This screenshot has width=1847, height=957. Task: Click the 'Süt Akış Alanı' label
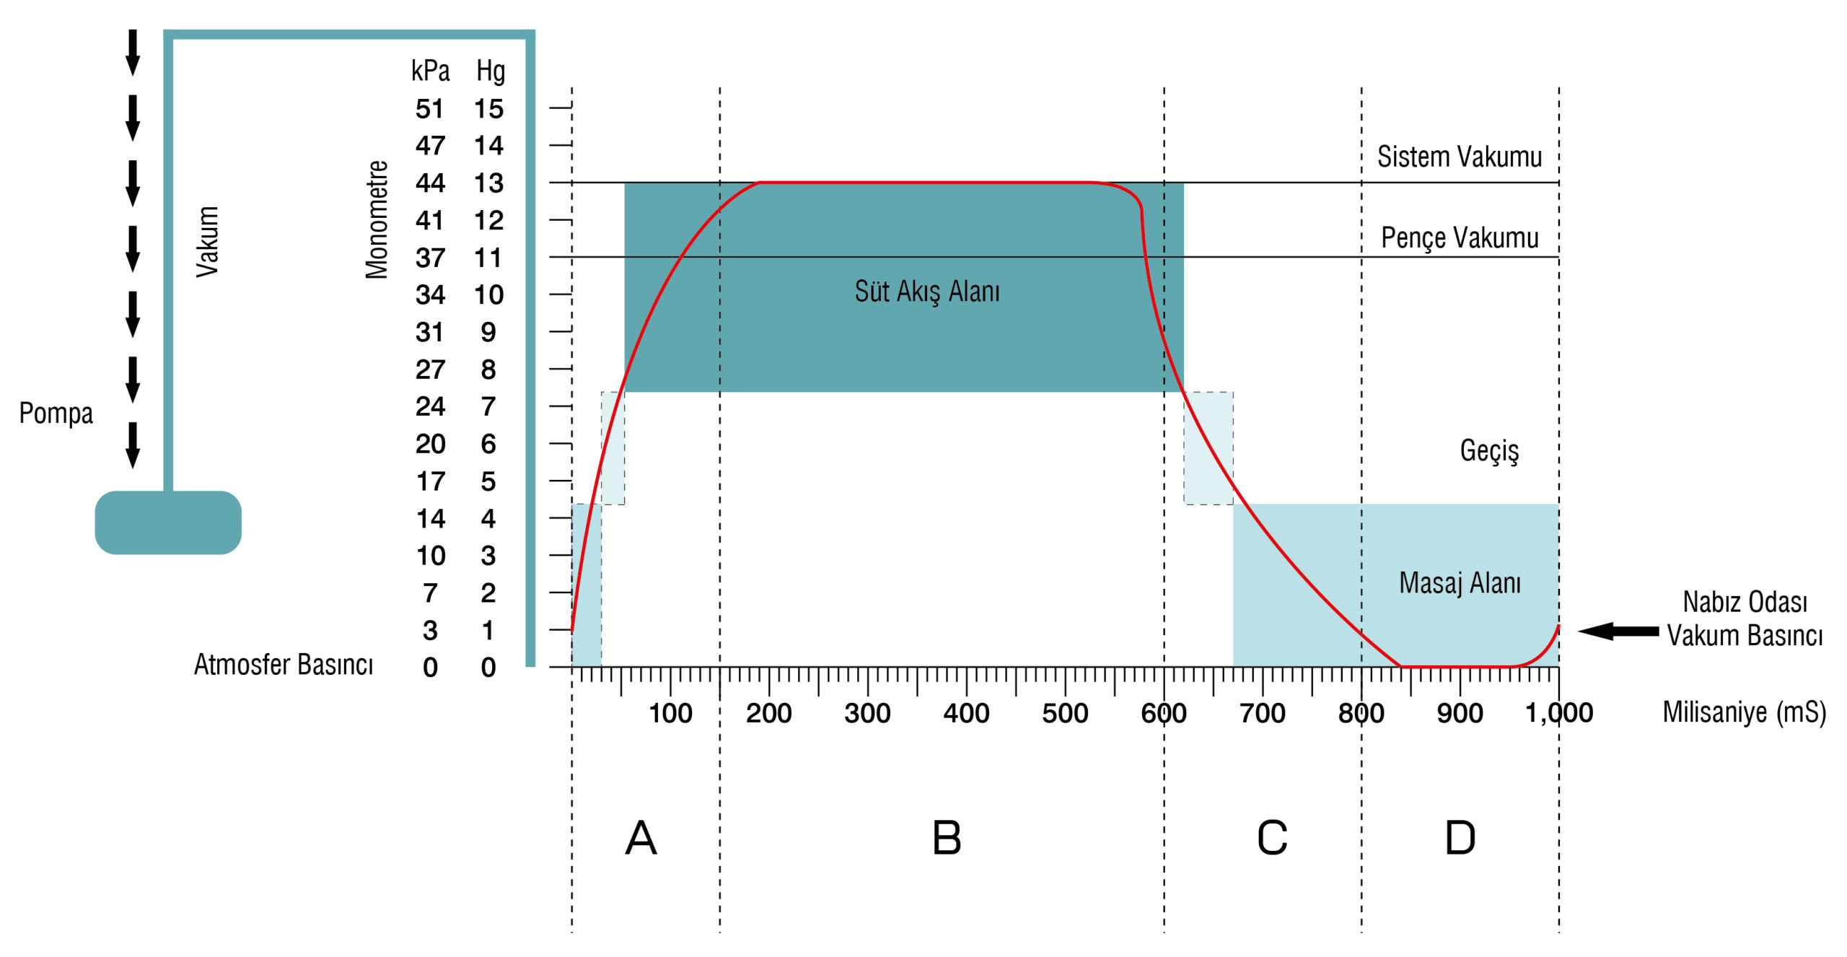pyautogui.click(x=927, y=292)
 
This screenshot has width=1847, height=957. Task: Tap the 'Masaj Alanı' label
pyautogui.click(x=1460, y=583)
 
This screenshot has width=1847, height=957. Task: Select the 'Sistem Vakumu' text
pyautogui.click(x=1459, y=157)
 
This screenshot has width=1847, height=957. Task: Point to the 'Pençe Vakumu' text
pyautogui.click(x=1459, y=237)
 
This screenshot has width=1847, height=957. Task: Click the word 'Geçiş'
pyautogui.click(x=1489, y=451)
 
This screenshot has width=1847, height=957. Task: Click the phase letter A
pyautogui.click(x=641, y=839)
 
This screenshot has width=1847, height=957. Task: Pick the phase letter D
pyautogui.click(x=1460, y=839)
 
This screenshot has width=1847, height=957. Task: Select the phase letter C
pyautogui.click(x=1271, y=839)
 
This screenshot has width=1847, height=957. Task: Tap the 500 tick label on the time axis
pyautogui.click(x=1064, y=714)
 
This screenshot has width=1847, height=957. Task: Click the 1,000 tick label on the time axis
pyautogui.click(x=1558, y=714)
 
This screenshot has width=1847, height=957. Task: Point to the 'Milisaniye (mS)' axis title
pyautogui.click(x=1744, y=713)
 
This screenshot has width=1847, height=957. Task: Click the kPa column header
pyautogui.click(x=430, y=71)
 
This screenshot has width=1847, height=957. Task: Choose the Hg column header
pyautogui.click(x=491, y=71)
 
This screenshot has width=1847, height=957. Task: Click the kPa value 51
pyautogui.click(x=430, y=109)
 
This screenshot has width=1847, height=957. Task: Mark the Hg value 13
pyautogui.click(x=488, y=183)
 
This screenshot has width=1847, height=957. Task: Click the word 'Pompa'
pyautogui.click(x=56, y=414)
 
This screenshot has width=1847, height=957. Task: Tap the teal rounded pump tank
pyautogui.click(x=168, y=523)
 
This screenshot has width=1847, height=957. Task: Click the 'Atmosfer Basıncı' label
pyautogui.click(x=284, y=665)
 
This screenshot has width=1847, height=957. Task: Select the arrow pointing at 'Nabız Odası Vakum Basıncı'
pyautogui.click(x=1618, y=632)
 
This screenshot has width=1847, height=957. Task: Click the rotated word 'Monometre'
pyautogui.click(x=377, y=219)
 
